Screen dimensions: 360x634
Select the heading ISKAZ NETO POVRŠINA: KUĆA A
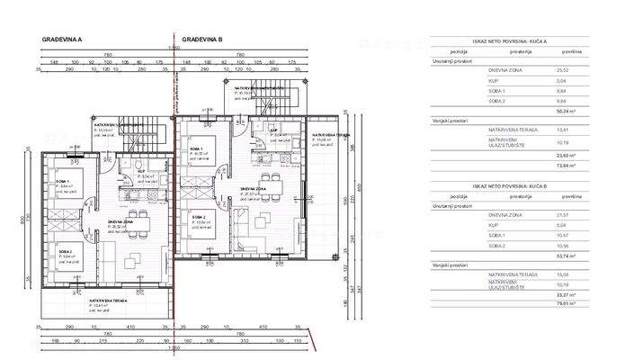510,40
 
